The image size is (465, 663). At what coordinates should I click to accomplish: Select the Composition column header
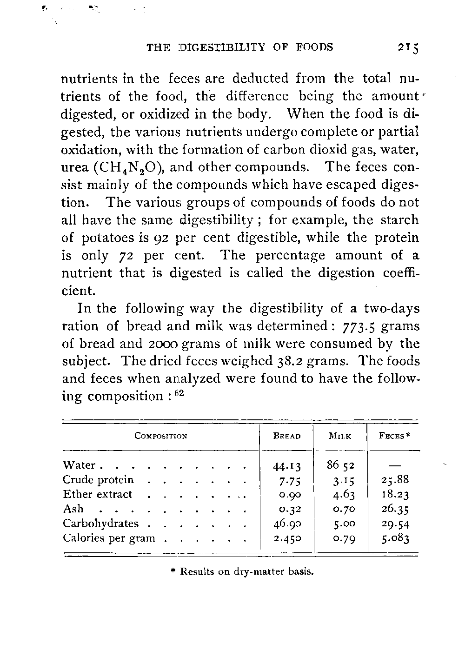160,436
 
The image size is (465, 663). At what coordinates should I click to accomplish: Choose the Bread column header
287,436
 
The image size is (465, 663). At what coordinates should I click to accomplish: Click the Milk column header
340,436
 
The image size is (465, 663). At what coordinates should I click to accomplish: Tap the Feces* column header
394,436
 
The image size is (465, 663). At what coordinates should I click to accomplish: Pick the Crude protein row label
98,480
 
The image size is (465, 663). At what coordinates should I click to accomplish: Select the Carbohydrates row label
101,524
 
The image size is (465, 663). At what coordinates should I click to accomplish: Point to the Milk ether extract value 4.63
341,495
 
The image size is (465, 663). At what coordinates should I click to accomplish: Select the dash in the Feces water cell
394,465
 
